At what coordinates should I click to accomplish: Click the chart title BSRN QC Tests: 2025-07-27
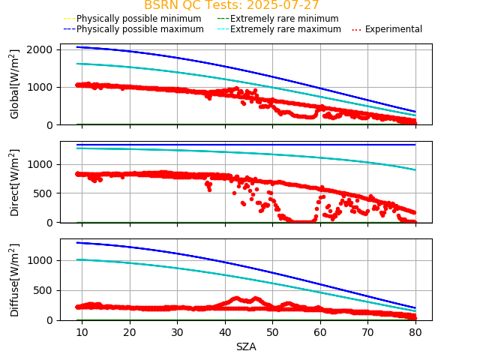pos(232,5)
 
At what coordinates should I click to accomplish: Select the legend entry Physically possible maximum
pos(139,29)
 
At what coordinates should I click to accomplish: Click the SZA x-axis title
pos(246,346)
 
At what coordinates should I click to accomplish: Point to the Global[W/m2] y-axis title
pos(15,84)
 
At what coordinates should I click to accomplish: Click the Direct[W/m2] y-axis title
pos(15,182)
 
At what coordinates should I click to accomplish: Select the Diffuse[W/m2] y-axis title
pos(15,280)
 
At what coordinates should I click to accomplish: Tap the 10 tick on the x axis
pos(82,332)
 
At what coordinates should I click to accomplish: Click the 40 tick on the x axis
pos(224,332)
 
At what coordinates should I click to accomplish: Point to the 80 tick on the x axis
pos(415,332)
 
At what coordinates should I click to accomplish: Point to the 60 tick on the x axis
pos(319,332)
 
